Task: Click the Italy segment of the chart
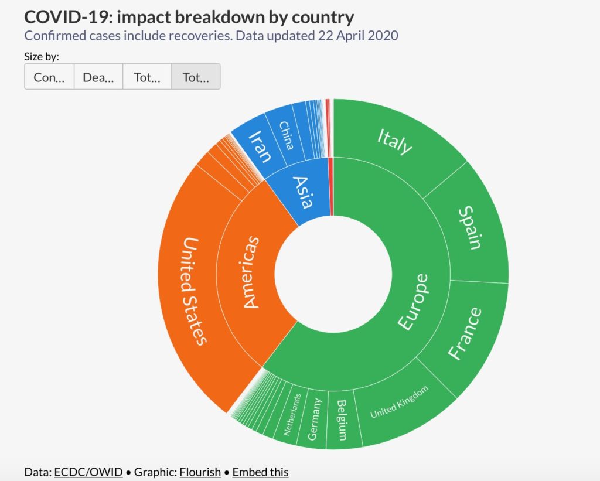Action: tap(394, 141)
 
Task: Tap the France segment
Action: tap(464, 333)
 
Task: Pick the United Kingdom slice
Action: tap(399, 402)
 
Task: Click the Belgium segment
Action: tap(342, 419)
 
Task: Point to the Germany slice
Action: tap(314, 419)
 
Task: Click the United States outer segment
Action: tap(193, 291)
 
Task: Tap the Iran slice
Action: tap(260, 147)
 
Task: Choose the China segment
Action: tap(285, 135)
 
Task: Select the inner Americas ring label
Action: tap(250, 272)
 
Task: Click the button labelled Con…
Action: tap(49, 77)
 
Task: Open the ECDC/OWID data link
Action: tap(88, 472)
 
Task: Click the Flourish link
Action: tap(200, 472)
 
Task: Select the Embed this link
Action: tap(260, 472)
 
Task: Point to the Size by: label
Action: tap(42, 57)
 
